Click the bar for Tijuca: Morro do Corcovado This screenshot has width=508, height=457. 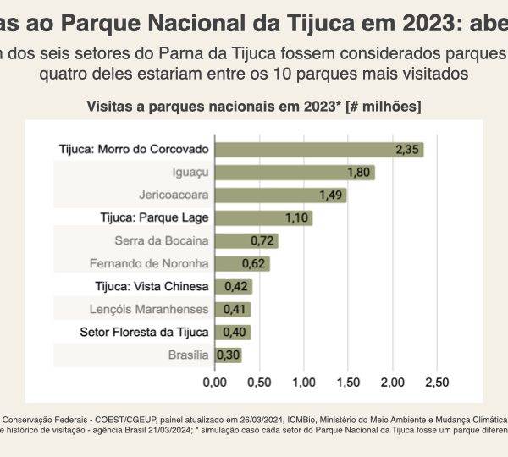point(319,150)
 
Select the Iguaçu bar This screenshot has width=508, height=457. point(295,173)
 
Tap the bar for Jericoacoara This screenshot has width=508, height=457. point(280,195)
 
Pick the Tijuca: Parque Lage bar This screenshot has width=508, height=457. point(263,217)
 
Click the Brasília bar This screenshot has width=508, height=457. point(229,355)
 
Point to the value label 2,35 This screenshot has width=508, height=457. point(407,150)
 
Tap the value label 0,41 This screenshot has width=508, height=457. point(237,310)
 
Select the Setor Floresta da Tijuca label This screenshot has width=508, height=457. point(144,332)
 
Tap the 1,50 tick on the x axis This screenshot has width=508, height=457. point(348,383)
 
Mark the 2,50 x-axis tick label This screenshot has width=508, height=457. point(436,383)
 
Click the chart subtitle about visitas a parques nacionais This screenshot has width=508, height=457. point(254,107)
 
